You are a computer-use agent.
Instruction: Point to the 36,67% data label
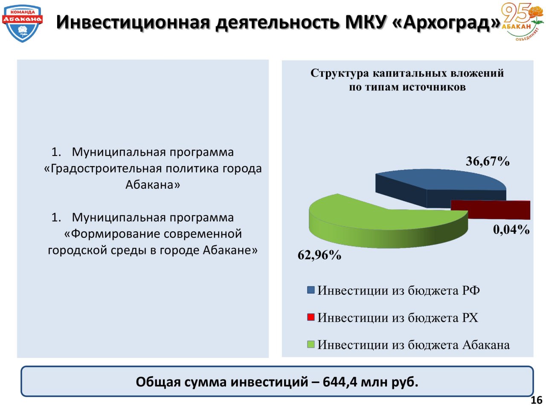point(487,161)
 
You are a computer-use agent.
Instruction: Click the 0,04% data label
point(511,229)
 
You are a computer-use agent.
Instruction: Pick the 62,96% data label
point(319,255)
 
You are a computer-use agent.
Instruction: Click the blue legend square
point(311,290)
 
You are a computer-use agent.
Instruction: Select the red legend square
point(311,317)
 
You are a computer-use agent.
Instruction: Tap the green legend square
point(311,344)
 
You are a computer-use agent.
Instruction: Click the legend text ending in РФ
point(398,290)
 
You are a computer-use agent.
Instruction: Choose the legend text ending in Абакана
point(413,345)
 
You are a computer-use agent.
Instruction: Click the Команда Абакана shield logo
point(22,23)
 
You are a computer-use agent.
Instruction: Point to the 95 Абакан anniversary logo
point(522,22)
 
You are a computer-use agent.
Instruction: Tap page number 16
point(536,400)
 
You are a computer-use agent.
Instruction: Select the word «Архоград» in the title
point(446,22)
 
